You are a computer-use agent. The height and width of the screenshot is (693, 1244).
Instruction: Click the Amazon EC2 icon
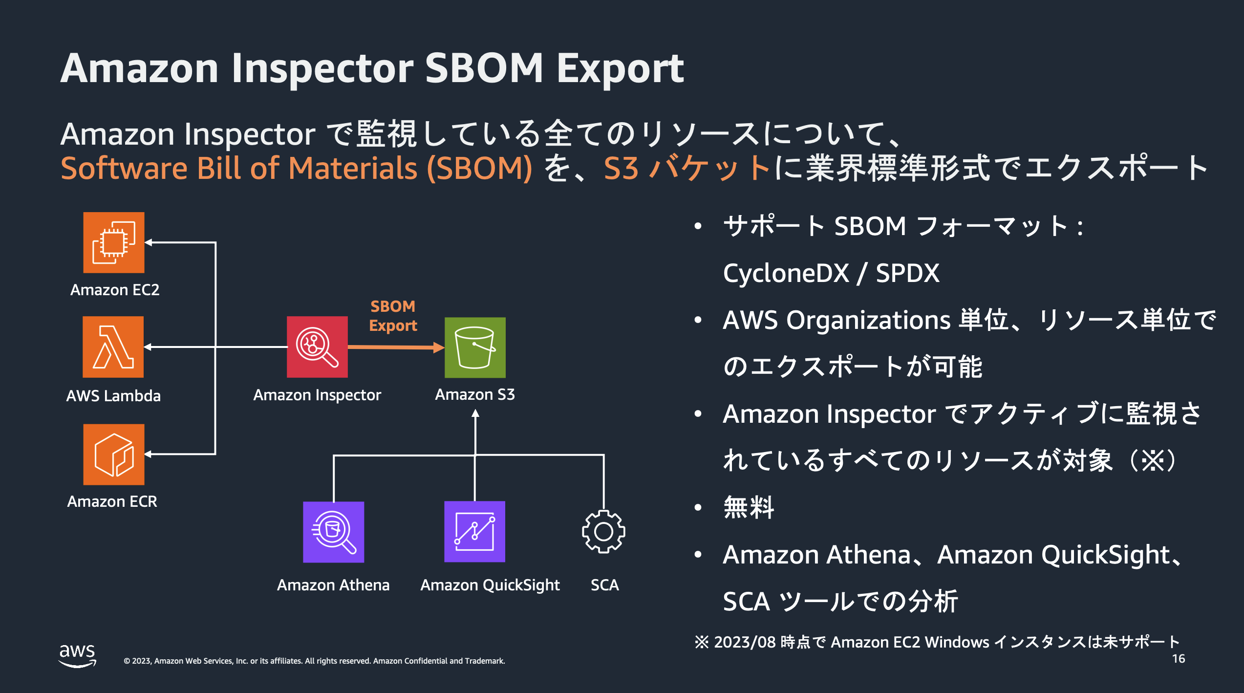pyautogui.click(x=114, y=242)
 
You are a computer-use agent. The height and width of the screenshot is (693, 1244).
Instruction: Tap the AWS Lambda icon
pyautogui.click(x=113, y=347)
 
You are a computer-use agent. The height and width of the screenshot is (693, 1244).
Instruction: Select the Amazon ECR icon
pyautogui.click(x=114, y=455)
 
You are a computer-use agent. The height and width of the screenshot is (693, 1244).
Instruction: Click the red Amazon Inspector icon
pyautogui.click(x=317, y=347)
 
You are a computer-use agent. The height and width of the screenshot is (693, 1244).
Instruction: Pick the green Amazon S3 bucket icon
pyautogui.click(x=475, y=347)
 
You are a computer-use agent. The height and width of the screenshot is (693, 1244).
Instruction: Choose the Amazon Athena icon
pyautogui.click(x=334, y=532)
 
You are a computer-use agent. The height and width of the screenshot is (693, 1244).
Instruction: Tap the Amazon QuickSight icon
pyautogui.click(x=474, y=532)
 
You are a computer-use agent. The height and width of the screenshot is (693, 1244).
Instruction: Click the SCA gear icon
pyautogui.click(x=603, y=532)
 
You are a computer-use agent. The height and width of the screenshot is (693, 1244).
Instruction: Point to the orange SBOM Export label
pyautogui.click(x=393, y=316)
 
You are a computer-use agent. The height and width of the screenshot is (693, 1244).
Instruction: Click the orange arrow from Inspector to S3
pyautogui.click(x=396, y=347)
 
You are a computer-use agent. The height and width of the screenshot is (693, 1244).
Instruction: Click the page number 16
pyautogui.click(x=1179, y=659)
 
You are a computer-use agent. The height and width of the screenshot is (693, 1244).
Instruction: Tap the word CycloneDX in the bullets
pyautogui.click(x=786, y=273)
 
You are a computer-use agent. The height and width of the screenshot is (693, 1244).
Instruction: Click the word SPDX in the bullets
pyautogui.click(x=907, y=273)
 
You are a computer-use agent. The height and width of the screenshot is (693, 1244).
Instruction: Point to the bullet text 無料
pyautogui.click(x=749, y=507)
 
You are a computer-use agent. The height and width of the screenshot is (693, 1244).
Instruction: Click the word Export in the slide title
pyautogui.click(x=620, y=68)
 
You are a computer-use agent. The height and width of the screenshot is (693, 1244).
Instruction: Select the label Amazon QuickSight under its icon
pyautogui.click(x=490, y=585)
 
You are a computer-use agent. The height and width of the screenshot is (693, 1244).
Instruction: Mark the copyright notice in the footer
pyautogui.click(x=314, y=661)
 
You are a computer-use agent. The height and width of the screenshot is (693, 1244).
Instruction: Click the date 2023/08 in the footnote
pyautogui.click(x=745, y=642)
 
